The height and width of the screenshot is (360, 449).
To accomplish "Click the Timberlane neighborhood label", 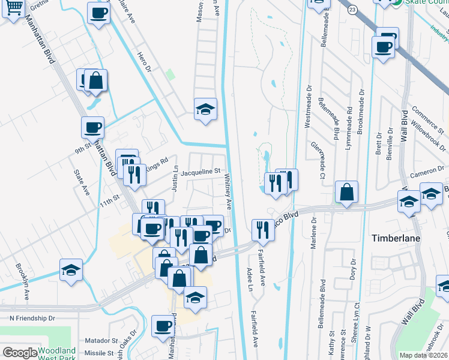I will (396, 237).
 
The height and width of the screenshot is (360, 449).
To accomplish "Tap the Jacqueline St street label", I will (201, 172).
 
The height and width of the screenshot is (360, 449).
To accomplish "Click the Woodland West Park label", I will (56, 353).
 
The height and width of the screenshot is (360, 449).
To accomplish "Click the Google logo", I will (20, 353).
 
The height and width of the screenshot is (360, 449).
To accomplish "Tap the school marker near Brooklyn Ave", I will (71, 270).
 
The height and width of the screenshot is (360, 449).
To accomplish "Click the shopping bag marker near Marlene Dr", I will (346, 193).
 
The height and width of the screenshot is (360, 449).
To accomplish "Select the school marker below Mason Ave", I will (205, 110).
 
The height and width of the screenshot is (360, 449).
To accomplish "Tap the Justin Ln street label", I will (175, 178).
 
